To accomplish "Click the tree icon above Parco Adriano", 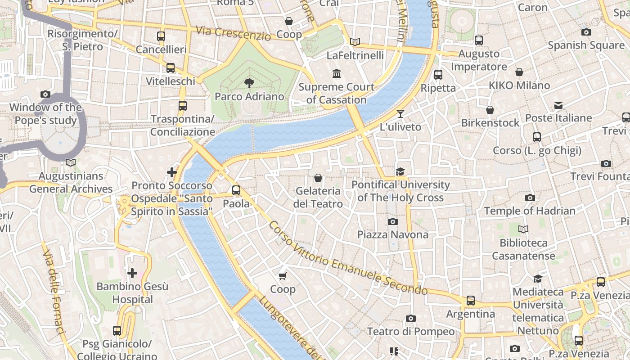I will tap(248, 83).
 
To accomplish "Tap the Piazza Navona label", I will tap(393, 234).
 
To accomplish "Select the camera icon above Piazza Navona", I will tap(393, 221).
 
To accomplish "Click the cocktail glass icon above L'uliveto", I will tap(400, 113).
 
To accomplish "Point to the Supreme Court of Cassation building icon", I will tap(337, 73).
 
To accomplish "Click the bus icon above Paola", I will tap(236, 190).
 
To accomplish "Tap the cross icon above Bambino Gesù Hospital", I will tap(132, 273).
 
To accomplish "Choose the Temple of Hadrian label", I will tap(530, 211).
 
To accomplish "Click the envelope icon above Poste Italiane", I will tap(558, 105).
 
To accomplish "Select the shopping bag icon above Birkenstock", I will tap(490, 110).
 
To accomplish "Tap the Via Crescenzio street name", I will tap(233, 33).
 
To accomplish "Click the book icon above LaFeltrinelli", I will tap(355, 42).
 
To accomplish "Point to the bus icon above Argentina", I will tap(471, 300).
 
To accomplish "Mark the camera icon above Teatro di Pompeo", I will tap(410, 319).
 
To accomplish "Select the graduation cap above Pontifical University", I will tap(400, 171).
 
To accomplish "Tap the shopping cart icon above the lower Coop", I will tap(283, 276).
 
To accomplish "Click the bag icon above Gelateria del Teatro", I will tap(318, 178).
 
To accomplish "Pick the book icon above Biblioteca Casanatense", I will tap(523, 229).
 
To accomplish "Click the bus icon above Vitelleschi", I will tap(171, 68).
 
